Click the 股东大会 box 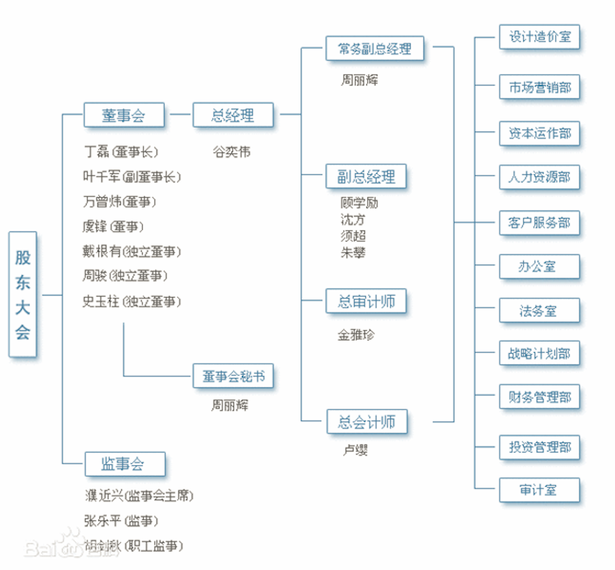pos(23,294)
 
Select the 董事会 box pos(124,115)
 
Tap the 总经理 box pos(233,115)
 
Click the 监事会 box pos(125,464)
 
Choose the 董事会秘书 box pos(233,376)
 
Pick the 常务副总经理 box pos(375,48)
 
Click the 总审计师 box pos(366,301)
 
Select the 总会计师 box pos(366,422)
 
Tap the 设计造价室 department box pos(539,37)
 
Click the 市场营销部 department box pos(539,88)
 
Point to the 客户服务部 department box pos(539,222)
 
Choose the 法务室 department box pos(539,311)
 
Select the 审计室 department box pos(539,490)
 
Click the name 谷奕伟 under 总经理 pos(231,152)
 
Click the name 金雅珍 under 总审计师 pos(356,335)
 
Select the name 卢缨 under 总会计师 pos(354,450)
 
